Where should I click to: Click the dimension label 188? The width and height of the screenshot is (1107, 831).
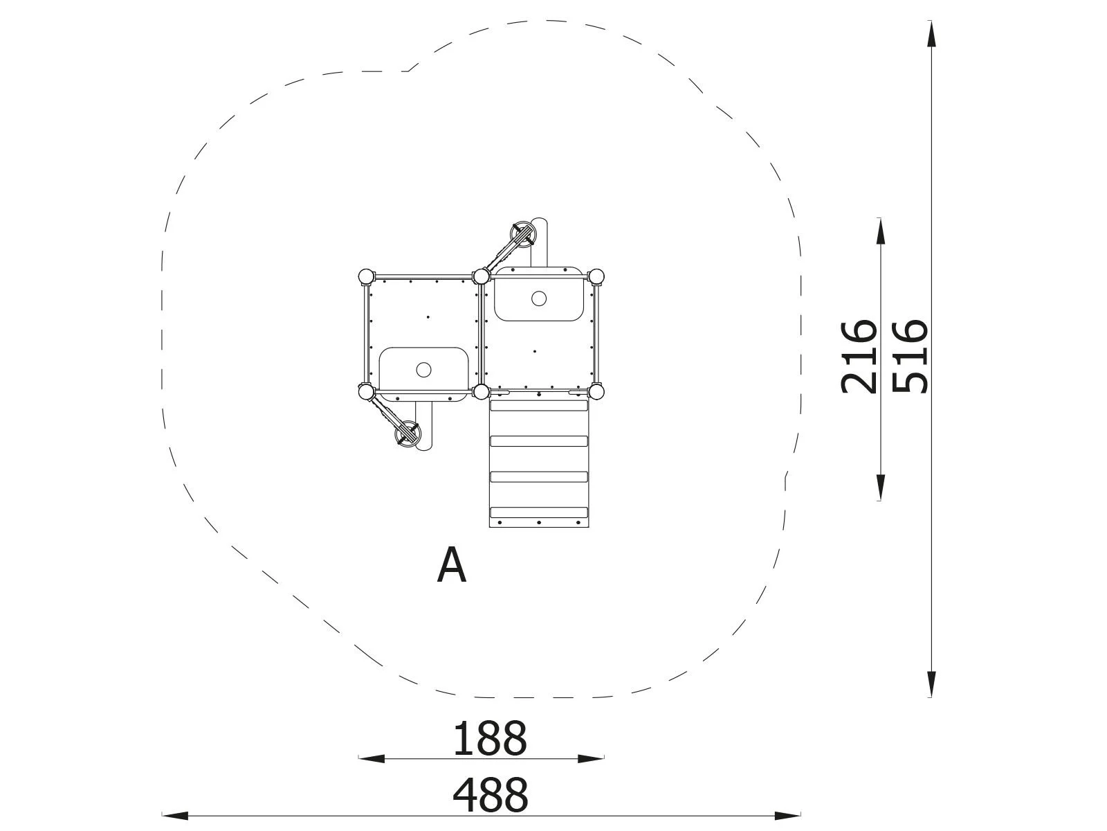coord(490,738)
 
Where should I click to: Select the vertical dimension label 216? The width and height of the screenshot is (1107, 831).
coord(859,356)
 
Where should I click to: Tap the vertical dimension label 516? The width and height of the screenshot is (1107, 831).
coord(908,356)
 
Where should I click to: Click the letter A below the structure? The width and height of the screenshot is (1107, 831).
coord(452,566)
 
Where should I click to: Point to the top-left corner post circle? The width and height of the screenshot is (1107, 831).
coord(365,277)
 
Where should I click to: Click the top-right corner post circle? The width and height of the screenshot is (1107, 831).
coord(596,277)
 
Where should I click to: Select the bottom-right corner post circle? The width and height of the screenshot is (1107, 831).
coord(596,392)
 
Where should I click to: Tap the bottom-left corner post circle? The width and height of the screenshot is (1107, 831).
coord(365,393)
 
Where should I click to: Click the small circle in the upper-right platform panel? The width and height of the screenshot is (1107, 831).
coord(539,299)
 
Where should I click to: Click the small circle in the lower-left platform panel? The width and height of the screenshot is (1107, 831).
coord(423,370)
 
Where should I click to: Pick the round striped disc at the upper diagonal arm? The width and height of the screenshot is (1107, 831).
coord(522,234)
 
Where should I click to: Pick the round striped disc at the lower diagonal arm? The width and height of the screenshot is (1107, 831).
coord(407,436)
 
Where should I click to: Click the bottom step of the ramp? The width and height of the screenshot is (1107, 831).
coord(538,512)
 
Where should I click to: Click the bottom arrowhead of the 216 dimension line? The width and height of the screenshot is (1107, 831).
coord(880,488)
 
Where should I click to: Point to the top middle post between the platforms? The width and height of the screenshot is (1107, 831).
coord(481,277)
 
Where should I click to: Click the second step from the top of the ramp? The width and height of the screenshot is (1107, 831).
coord(538,441)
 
